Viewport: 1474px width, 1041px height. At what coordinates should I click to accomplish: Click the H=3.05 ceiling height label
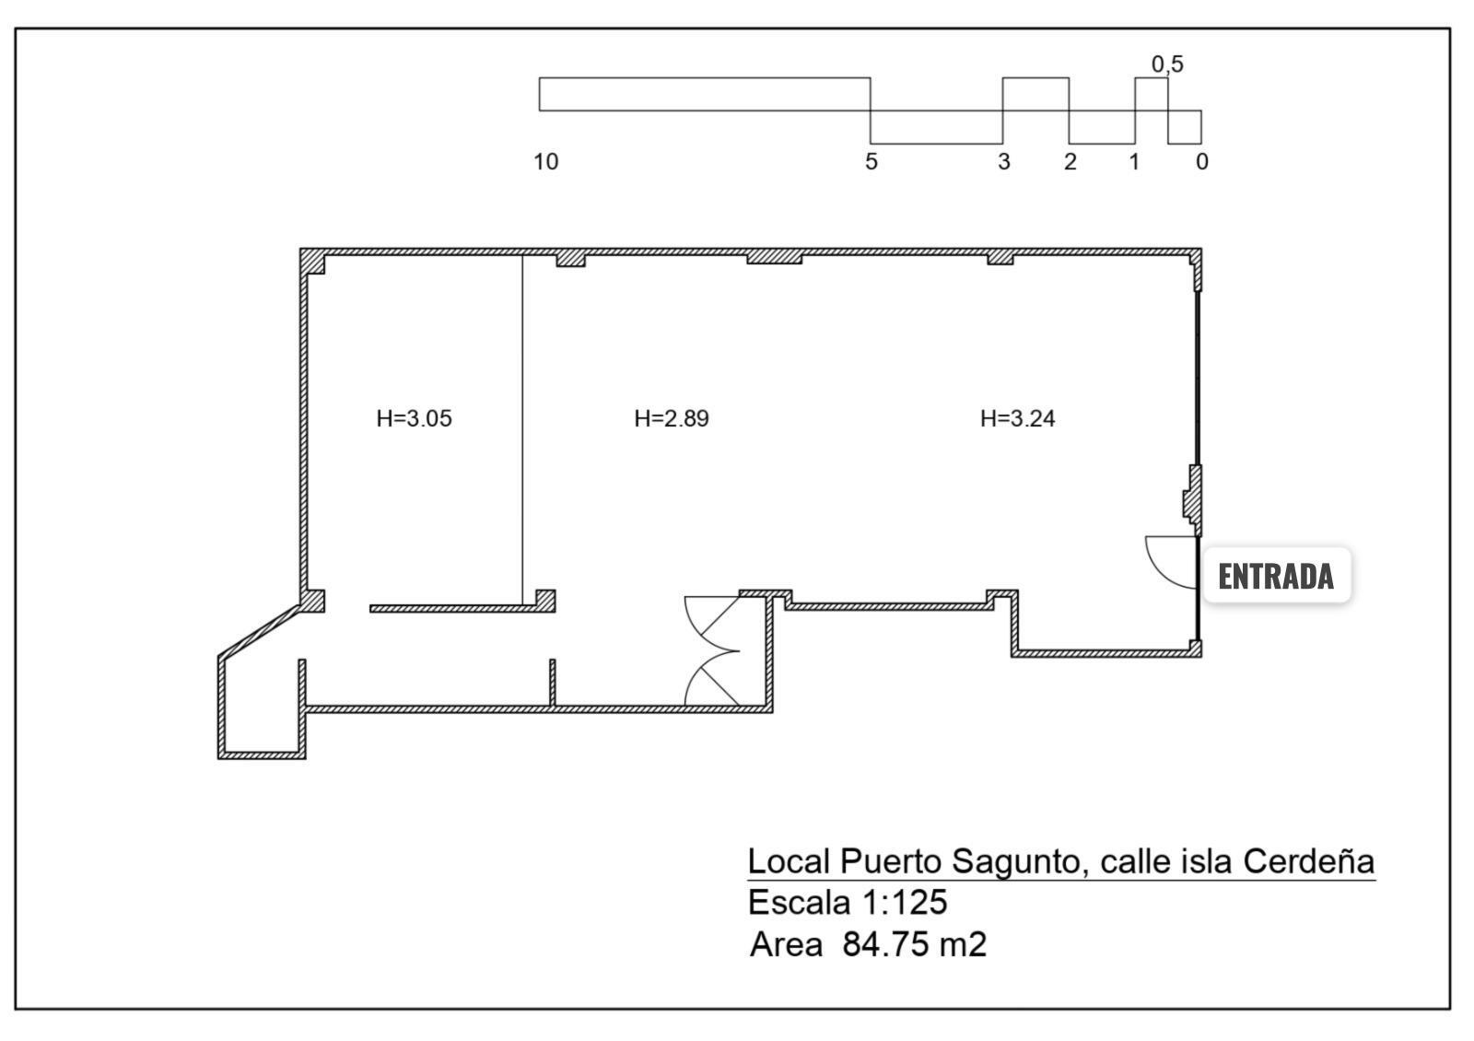coord(414,418)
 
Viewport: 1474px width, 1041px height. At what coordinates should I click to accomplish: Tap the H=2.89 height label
coord(672,418)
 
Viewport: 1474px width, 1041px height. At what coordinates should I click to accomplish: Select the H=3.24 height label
coord(1017,418)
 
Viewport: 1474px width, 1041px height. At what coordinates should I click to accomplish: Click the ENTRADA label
coord(1276,576)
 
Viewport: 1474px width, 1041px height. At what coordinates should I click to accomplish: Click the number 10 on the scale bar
coord(545,162)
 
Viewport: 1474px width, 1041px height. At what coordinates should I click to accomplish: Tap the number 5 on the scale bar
coord(872,162)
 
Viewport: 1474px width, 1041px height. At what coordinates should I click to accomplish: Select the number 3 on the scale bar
coord(1003,162)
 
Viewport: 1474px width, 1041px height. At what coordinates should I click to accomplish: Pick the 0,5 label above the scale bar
coord(1167,64)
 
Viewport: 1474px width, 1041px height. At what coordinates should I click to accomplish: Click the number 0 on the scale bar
coord(1201,162)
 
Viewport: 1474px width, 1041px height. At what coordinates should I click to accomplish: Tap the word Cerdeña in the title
coord(1308,861)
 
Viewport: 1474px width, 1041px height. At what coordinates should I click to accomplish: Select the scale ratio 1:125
coord(905,902)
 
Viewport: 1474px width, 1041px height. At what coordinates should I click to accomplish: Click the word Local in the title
coord(789,861)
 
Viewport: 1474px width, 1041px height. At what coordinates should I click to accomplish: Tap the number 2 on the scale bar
coord(1070,162)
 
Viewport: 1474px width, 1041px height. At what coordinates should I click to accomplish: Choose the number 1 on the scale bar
coord(1134,162)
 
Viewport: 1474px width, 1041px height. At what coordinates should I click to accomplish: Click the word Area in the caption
coord(786,944)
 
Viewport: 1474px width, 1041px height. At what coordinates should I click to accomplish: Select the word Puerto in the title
coord(891,861)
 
